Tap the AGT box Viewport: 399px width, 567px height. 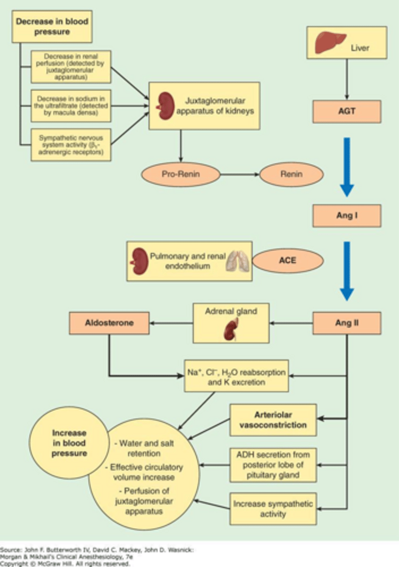[x=347, y=112]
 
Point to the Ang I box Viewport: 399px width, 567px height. [x=347, y=216]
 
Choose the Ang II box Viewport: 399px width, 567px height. [x=347, y=324]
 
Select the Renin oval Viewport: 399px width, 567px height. [x=291, y=174]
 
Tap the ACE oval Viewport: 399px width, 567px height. [x=287, y=260]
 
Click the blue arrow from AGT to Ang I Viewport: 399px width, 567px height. [x=347, y=165]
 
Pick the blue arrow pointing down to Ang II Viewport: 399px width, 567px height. [x=347, y=270]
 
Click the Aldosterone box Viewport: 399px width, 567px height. [x=109, y=324]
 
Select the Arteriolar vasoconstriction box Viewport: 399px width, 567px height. [x=273, y=420]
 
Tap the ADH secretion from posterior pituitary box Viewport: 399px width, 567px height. [x=273, y=464]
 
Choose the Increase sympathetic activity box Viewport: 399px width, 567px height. [x=273, y=508]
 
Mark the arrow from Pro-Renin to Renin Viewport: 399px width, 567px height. [x=240, y=174]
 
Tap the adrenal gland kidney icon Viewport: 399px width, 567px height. [x=230, y=330]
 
